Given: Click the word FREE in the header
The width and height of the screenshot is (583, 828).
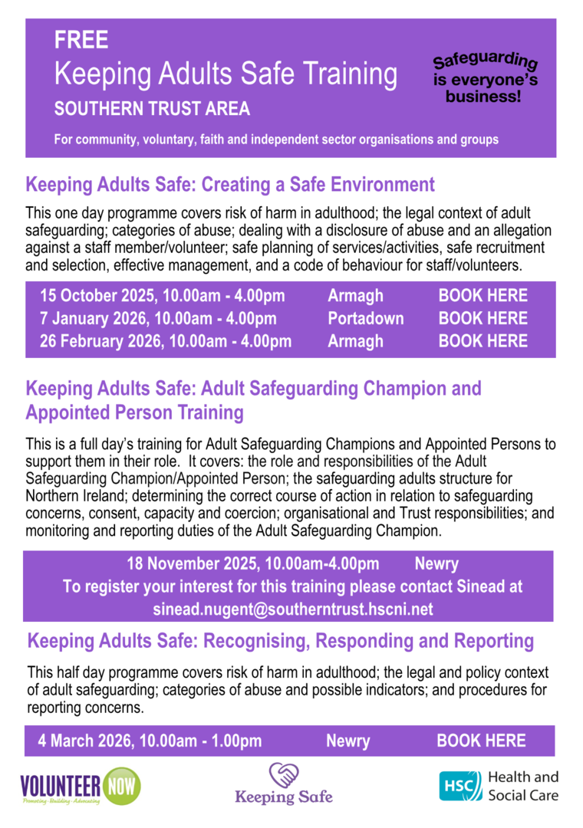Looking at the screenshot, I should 81,41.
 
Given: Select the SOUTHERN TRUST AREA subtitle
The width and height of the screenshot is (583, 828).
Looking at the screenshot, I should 152,109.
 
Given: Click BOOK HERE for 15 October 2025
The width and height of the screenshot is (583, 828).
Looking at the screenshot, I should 483,296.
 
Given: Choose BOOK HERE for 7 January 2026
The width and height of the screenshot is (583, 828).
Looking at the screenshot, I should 483,318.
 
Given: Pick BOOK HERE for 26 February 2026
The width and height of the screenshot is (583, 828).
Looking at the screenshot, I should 483,341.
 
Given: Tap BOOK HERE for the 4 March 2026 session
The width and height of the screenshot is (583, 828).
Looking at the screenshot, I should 481,741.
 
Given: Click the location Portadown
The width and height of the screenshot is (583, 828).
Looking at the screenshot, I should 365,318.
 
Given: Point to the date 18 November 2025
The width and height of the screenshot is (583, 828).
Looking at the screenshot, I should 192,565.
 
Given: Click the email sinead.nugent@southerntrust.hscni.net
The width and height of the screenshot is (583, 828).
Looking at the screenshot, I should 294,609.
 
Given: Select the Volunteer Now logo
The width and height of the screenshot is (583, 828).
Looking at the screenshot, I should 80,787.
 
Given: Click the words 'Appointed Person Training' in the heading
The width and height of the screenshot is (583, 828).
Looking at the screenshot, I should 134,413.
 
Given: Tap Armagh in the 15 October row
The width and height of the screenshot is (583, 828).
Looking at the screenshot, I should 355,296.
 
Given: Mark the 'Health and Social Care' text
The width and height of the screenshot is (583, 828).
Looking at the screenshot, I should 523,786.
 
